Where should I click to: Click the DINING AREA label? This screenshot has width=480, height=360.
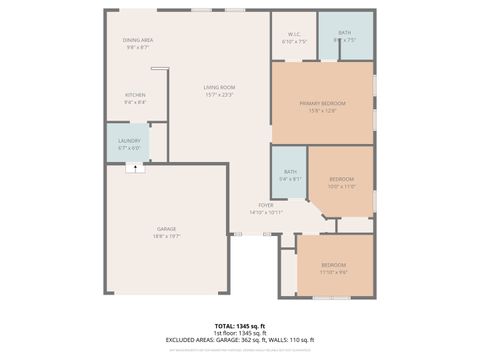(x=137, y=40)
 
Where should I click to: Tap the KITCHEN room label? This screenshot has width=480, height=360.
(x=135, y=95)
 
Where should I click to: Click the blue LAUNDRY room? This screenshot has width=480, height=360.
(x=129, y=144)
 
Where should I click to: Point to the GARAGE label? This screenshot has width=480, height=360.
(x=166, y=229)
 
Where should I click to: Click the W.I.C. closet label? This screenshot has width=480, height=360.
(x=294, y=35)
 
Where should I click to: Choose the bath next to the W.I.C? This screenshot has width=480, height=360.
(x=344, y=37)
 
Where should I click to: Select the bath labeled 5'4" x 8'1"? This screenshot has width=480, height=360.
(x=290, y=175)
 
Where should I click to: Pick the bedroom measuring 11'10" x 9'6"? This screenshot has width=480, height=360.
(x=333, y=268)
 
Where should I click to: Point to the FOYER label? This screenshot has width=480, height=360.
(x=266, y=205)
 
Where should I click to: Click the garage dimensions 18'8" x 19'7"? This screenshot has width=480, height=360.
(x=166, y=237)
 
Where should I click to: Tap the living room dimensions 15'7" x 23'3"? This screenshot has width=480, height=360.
(x=219, y=95)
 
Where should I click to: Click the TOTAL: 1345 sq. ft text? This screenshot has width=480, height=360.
(x=239, y=326)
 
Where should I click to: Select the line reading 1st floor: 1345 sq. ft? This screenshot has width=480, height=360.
(x=239, y=333)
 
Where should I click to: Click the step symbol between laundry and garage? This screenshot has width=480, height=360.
(x=129, y=168)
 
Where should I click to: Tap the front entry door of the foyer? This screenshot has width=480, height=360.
(x=236, y=234)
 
